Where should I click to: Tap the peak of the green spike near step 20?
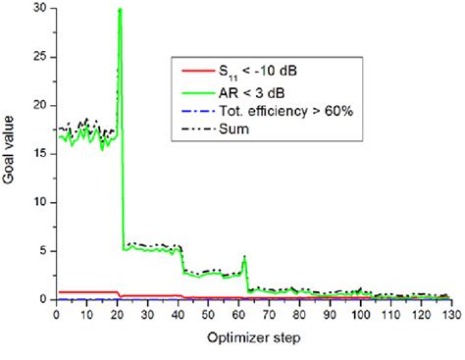pyautogui.click(x=119, y=10)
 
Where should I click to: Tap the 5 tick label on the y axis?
pyautogui.click(x=42, y=250)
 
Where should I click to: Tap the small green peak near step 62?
pyautogui.click(x=244, y=257)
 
